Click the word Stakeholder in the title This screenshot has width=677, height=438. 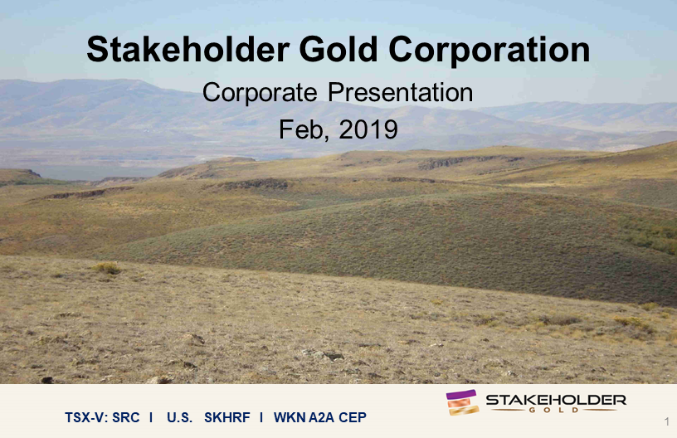pyautogui.click(x=188, y=49)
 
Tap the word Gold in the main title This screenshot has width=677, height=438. pyautogui.click(x=338, y=49)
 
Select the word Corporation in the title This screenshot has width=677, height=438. pyautogui.click(x=489, y=50)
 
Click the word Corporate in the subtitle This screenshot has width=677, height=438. pyautogui.click(x=260, y=93)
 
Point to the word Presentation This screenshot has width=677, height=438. pyautogui.click(x=400, y=92)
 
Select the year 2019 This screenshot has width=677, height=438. pyautogui.click(x=368, y=129)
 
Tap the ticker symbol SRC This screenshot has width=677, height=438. pyautogui.click(x=125, y=418)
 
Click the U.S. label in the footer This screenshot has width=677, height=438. pyautogui.click(x=179, y=418)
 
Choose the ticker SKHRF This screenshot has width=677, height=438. pyautogui.click(x=227, y=418)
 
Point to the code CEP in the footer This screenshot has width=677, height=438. pyautogui.click(x=353, y=418)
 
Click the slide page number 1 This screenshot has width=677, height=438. pyautogui.click(x=667, y=421)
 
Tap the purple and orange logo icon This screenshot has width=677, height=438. pyautogui.click(x=462, y=402)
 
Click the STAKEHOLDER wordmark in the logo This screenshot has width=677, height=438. pyautogui.click(x=556, y=400)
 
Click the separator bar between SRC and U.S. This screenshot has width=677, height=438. pyautogui.click(x=151, y=418)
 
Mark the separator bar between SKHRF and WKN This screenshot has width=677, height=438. pyautogui.click(x=261, y=418)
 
